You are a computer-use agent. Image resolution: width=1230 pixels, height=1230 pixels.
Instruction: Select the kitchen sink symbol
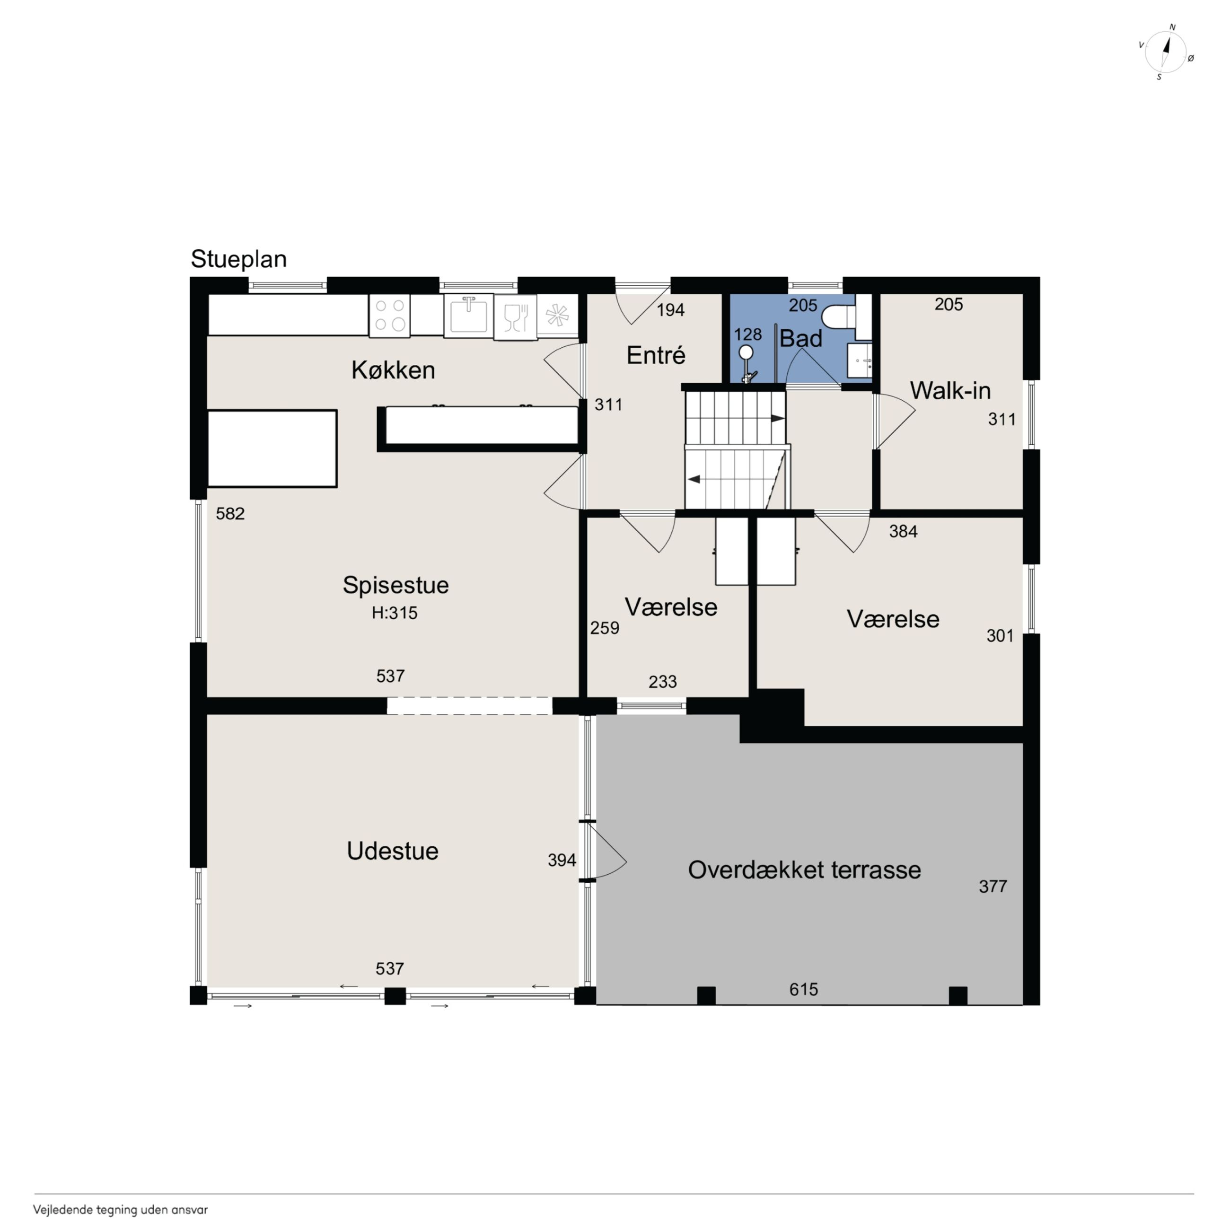[468, 316]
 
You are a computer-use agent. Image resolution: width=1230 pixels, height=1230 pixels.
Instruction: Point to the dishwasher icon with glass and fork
[515, 317]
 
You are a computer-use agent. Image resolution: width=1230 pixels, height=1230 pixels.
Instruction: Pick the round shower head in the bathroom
[746, 352]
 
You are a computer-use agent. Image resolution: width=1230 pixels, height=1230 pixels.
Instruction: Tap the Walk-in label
[950, 390]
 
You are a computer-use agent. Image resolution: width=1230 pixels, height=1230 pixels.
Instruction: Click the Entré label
[656, 355]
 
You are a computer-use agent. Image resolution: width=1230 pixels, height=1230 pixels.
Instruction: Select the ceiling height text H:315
[395, 613]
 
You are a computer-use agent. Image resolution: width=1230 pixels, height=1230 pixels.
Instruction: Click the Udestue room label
[392, 851]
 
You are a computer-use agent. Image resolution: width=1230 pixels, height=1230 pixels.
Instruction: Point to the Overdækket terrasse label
[804, 870]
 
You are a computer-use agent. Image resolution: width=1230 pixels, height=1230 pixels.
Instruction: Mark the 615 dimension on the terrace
[803, 989]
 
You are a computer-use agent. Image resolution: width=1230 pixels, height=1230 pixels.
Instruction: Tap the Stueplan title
[239, 259]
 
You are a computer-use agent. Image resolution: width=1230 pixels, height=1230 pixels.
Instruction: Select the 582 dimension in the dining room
[230, 513]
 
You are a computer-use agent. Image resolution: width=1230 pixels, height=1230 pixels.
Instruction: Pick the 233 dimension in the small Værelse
[662, 682]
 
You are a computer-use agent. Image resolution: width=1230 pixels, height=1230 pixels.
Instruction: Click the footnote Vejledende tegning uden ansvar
[120, 1210]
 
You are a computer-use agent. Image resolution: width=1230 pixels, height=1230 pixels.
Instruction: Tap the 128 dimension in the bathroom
[747, 334]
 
